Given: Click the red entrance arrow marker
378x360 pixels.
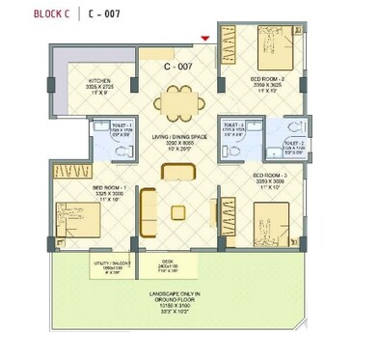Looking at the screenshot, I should pyautogui.click(x=204, y=39).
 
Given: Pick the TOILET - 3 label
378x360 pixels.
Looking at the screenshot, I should pyautogui.click(x=232, y=128).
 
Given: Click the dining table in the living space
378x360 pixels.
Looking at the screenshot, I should pyautogui.click(x=175, y=98).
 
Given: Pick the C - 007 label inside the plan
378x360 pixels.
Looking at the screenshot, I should pyautogui.click(x=179, y=68).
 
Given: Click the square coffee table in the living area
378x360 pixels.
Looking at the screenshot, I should pyautogui.click(x=177, y=211).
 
